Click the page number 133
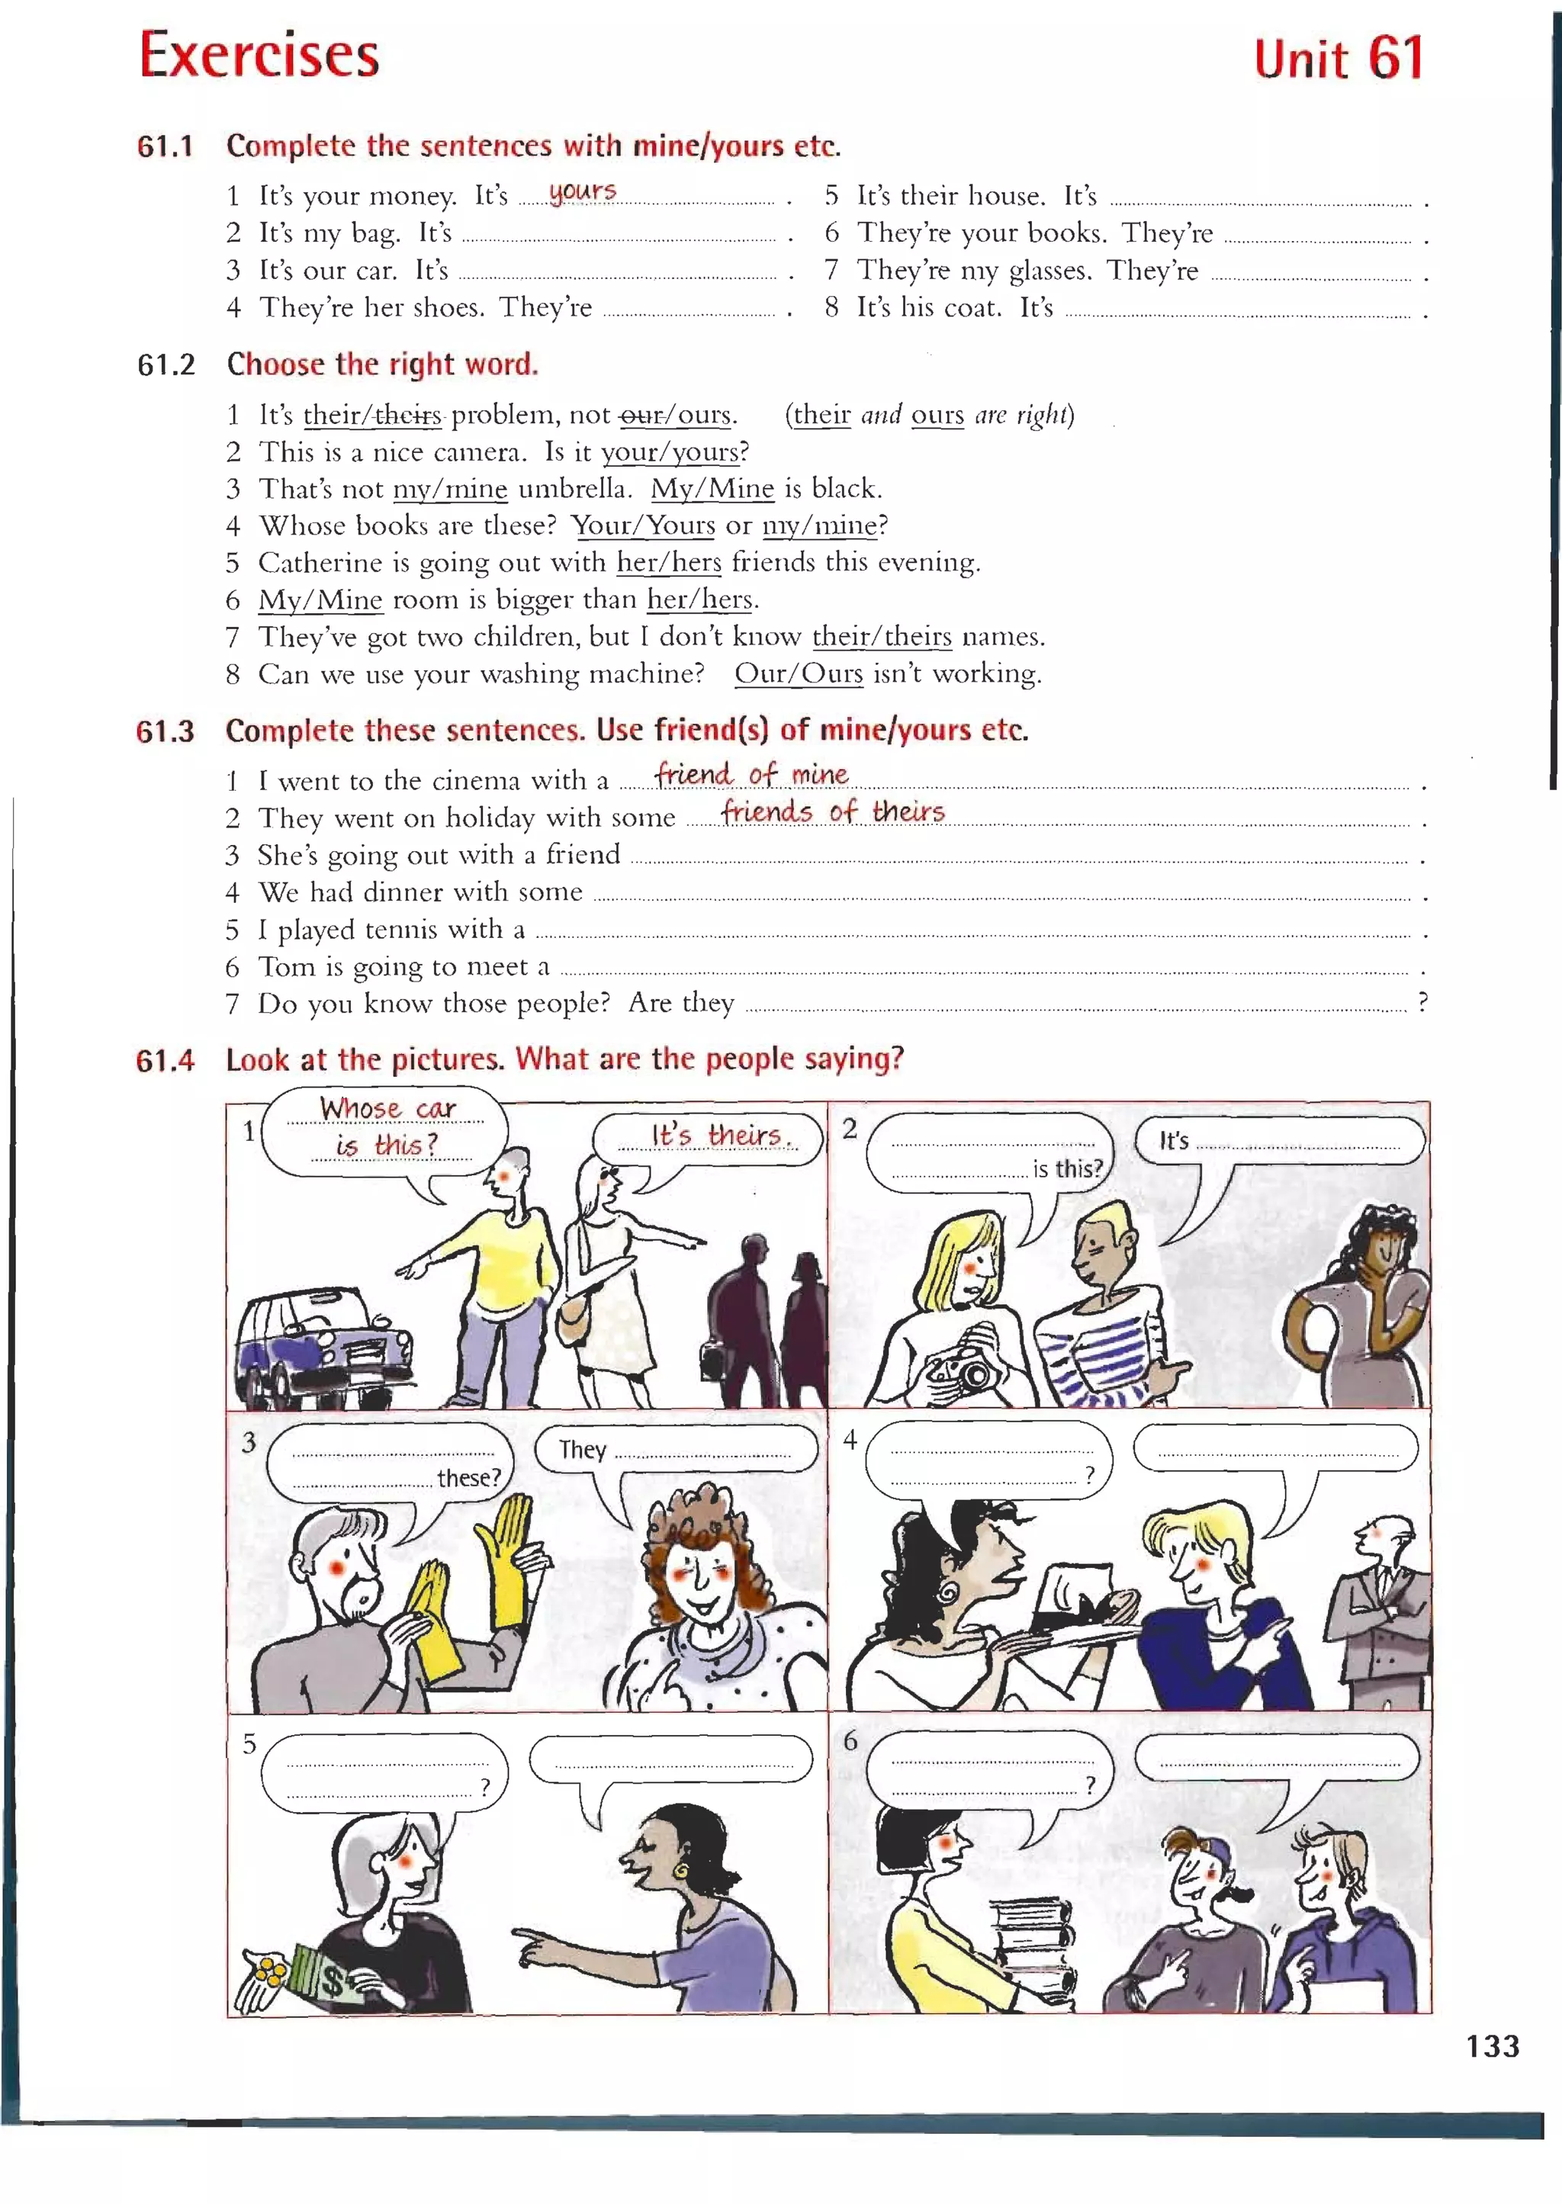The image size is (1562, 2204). pyautogui.click(x=1492, y=2045)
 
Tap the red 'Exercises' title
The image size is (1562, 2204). pyautogui.click(x=259, y=56)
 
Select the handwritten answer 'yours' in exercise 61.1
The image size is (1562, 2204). pyautogui.click(x=582, y=191)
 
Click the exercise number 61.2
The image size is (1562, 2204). pyautogui.click(x=166, y=365)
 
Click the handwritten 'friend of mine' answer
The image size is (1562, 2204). pyautogui.click(x=751, y=774)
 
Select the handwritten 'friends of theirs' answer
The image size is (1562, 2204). pyautogui.click(x=833, y=811)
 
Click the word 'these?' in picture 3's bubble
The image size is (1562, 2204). pyautogui.click(x=468, y=1478)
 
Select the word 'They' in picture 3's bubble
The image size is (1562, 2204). pyautogui.click(x=582, y=1449)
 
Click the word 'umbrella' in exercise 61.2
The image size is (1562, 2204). pyautogui.click(x=574, y=489)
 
